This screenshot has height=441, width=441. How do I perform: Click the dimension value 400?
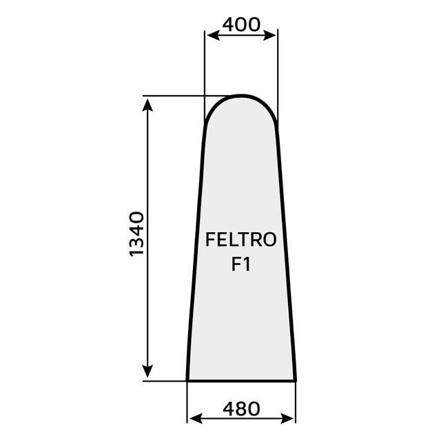(241, 25)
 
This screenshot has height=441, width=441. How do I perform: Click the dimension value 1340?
(136, 235)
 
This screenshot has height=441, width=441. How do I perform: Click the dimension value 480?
(241, 408)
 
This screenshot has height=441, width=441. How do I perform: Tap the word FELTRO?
(241, 240)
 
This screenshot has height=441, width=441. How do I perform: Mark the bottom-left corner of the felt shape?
(188, 379)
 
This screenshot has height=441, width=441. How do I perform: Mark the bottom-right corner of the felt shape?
(296, 379)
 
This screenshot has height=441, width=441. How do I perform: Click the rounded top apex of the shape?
(240, 96)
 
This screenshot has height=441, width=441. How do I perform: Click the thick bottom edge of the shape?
(241, 380)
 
